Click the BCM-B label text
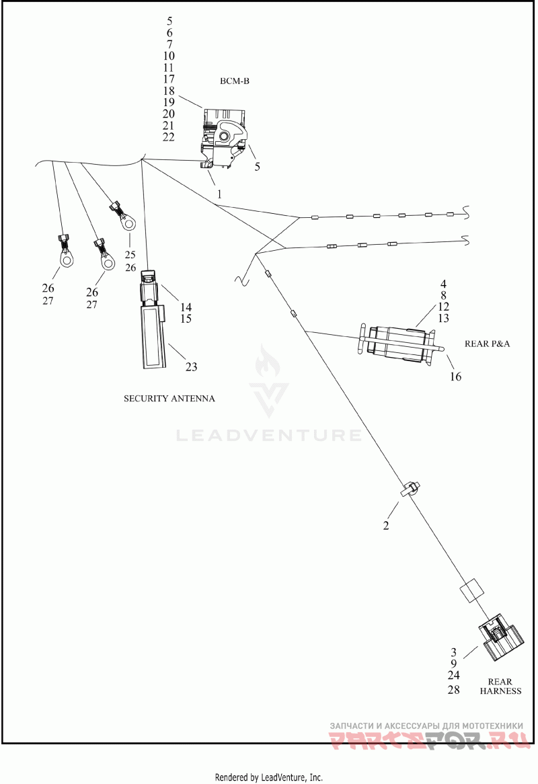235,81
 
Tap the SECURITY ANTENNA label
169,399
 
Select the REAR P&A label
487,344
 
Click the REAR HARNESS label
500,686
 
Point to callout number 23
192,367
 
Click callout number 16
455,377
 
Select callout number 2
385,526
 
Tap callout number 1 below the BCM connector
219,194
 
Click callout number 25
130,255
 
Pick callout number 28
453,690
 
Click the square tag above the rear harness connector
471,591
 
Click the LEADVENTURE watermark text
269,435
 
